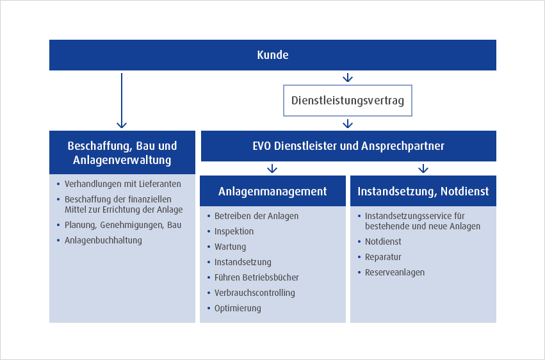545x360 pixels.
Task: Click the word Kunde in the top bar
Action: (273, 55)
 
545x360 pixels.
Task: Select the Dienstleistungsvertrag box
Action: (348, 101)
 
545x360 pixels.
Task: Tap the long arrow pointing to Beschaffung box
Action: (122, 101)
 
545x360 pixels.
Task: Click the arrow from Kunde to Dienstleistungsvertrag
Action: (348, 78)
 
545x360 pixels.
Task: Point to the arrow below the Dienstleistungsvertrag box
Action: (348, 124)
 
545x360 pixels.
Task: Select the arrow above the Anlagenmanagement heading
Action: (272, 168)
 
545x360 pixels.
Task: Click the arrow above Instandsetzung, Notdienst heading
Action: (423, 168)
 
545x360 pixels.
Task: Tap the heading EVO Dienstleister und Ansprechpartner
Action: (348, 146)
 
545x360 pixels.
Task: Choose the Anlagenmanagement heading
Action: (273, 191)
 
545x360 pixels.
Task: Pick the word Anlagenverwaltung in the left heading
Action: (122, 160)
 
